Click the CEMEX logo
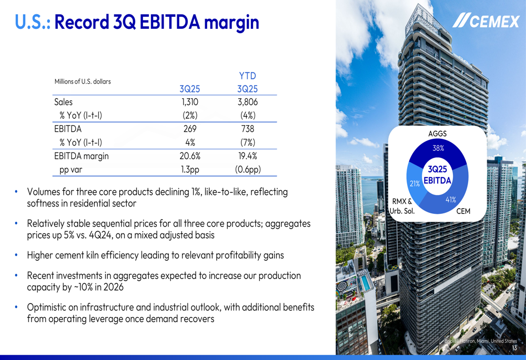(486, 22)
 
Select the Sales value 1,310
(189, 102)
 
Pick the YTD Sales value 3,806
(247, 102)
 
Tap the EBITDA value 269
(189, 129)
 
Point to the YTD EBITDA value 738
(247, 129)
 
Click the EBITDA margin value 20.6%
(189, 156)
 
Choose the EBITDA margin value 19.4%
(247, 156)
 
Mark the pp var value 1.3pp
(189, 170)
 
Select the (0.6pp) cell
(247, 170)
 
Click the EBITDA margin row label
(82, 156)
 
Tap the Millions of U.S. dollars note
(83, 81)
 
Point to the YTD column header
(247, 76)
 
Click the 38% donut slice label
(438, 148)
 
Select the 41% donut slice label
(451, 200)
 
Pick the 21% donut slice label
(414, 183)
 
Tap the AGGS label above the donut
(438, 134)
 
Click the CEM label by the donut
(463, 211)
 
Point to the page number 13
(514, 348)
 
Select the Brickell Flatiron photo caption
(480, 341)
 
